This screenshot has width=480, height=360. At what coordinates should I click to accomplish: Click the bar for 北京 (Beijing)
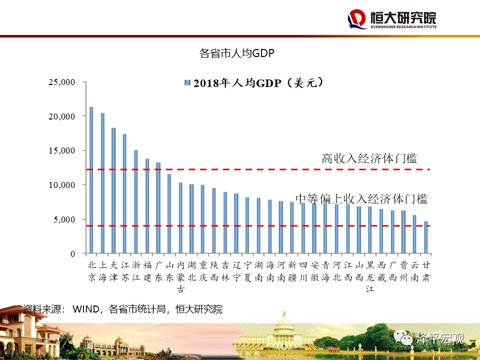pos(91,180)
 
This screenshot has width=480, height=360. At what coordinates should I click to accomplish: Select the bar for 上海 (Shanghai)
pos(102,183)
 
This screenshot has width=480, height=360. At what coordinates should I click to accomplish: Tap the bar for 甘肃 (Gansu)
pos(426,237)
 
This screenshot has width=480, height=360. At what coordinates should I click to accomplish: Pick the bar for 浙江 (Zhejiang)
pos(135,202)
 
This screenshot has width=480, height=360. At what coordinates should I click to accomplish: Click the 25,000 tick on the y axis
pos(61,82)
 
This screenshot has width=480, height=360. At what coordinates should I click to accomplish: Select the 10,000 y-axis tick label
pos(61,185)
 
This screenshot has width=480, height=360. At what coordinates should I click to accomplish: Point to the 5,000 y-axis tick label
pos(63,219)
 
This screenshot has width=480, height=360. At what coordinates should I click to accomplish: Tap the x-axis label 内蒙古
pos(180,276)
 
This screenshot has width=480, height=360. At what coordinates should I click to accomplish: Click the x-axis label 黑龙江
pos(370,276)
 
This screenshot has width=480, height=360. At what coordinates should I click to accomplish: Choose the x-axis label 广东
pos(158,271)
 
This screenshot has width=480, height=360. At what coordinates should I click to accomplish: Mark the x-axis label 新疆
pos(292,271)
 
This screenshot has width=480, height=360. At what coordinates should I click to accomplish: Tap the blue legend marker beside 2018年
pos(187,83)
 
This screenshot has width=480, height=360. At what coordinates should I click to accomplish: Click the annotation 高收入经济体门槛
pos(369,159)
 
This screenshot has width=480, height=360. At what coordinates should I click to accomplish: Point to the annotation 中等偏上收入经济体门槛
pos(361,198)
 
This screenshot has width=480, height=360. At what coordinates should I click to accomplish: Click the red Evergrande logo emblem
pos(357,19)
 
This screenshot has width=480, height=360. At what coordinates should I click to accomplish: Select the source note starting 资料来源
pos(122,309)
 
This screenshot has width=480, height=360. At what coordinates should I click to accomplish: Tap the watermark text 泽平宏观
pos(440,338)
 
